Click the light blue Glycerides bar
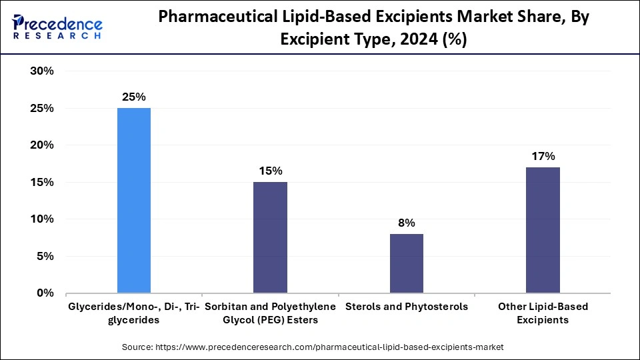(134, 200)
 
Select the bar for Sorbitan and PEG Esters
(270, 237)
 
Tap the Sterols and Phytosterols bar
(406, 263)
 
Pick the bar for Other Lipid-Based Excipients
(543, 230)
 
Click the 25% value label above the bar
(134, 97)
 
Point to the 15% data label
(270, 171)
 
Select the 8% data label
(406, 223)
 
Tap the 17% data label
(543, 156)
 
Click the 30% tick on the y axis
(42, 71)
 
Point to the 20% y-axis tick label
(42, 145)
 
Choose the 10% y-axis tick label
(42, 219)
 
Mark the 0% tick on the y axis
(45, 293)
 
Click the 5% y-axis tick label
(45, 256)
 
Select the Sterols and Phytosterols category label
(406, 307)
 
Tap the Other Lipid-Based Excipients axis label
(543, 313)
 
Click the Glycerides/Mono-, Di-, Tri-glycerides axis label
(134, 313)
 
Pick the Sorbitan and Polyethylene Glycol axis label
(270, 313)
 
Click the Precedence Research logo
(57, 27)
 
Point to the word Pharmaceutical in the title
(214, 18)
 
